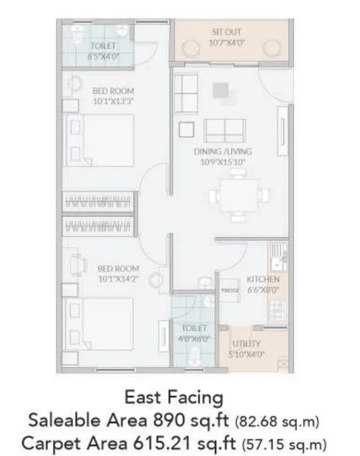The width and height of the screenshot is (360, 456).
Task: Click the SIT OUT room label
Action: point(226,32)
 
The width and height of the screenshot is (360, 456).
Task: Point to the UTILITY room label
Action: point(246,344)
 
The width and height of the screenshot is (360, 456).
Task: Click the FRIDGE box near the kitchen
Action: point(229,291)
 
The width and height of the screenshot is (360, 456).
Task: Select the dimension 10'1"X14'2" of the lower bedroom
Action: point(118,278)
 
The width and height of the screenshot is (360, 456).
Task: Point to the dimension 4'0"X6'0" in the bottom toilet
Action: point(195,339)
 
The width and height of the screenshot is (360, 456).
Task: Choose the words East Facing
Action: point(174,397)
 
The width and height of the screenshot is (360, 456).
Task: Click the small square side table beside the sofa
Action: point(187,129)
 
